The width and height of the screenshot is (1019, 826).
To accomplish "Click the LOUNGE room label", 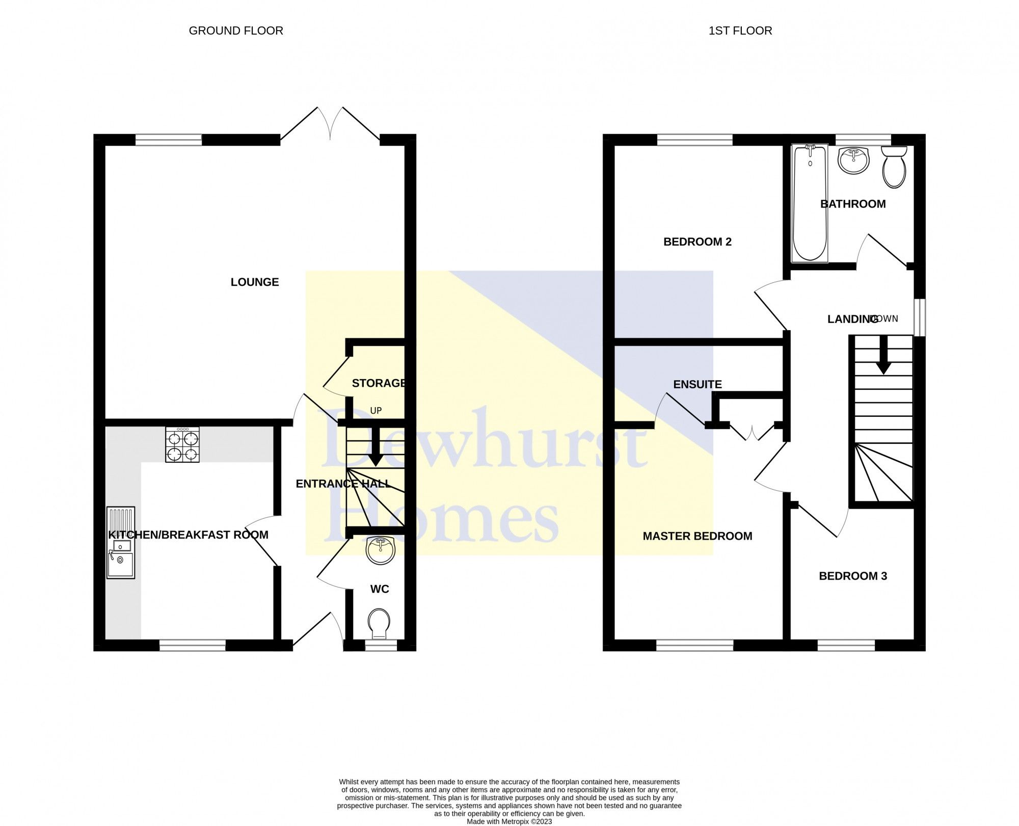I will [255, 282].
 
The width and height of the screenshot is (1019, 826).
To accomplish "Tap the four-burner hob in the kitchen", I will [182, 444].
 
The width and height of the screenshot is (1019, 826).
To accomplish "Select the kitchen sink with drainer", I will [121, 543].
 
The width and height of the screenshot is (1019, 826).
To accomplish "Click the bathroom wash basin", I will [853, 160].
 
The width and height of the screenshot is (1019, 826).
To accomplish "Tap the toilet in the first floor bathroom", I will [894, 167].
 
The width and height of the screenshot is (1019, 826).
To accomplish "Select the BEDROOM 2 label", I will [697, 242].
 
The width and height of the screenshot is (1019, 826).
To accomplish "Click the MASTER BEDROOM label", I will [697, 536].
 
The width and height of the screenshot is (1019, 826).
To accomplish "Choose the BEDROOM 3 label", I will [852, 576].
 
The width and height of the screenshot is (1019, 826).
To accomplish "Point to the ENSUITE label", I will [697, 385].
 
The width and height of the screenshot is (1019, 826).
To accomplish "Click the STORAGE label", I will [379, 383].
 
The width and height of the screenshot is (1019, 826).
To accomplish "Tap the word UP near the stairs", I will [376, 411].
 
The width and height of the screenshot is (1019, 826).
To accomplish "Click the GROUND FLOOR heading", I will [236, 31].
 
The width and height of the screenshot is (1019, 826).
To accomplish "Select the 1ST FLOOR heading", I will [740, 31].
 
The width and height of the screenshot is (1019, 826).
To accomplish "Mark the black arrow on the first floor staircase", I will [882, 357].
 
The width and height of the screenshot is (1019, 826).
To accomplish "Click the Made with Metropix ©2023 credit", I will [509, 821].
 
